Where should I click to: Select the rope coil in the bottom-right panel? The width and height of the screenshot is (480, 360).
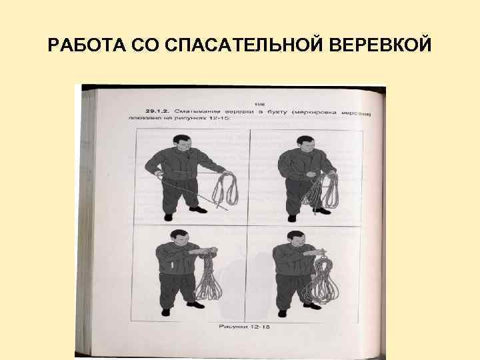320,280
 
